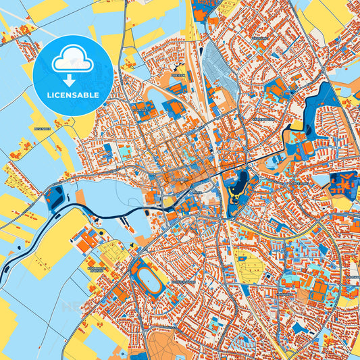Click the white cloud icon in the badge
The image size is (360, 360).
click(72, 60)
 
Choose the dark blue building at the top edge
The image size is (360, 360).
click(201, 8)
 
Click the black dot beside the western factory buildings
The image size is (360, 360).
click(101, 234)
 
